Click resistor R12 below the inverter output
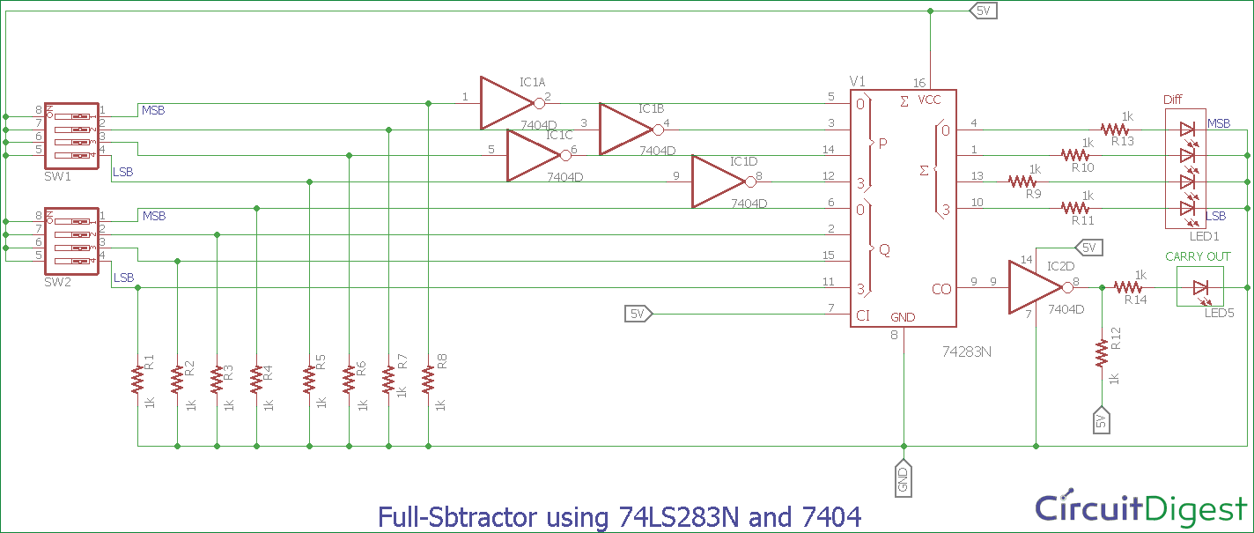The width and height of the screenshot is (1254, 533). pos(1102,352)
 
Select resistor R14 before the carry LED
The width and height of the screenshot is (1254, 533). pos(1128,287)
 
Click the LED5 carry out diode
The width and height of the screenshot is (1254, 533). pos(1199,287)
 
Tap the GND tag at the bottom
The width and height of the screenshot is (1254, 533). pos(904,479)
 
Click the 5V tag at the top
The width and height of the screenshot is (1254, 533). pos(983,11)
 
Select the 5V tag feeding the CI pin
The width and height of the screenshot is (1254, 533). pos(638,314)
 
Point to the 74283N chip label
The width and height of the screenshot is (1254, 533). pos(967,350)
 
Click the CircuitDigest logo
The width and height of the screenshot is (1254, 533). pos(1140,508)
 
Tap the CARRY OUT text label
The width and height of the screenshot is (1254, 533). pos(1199,256)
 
